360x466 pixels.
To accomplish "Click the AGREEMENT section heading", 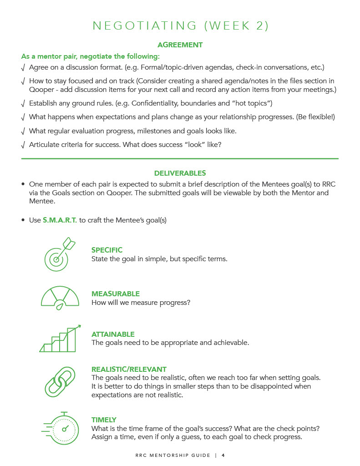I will pos(180,45).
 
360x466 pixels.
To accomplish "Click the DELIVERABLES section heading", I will pos(180,173).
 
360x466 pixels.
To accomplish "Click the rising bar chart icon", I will pos(60,339).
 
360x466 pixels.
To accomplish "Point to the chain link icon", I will pos(60,382).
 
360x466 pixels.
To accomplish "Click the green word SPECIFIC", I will pos(107,250).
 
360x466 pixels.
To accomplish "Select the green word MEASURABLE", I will pos(116,294).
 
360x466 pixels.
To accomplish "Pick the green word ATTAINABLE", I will pos(113,334).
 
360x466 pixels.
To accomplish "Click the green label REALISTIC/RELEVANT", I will pos(129,370).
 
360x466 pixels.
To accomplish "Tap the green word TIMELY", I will pos(104,420).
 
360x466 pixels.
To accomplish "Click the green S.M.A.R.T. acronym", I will pos(60,220).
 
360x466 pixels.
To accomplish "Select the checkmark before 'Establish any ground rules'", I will pos(23,103).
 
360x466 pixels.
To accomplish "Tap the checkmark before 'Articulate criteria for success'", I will pos(23,145).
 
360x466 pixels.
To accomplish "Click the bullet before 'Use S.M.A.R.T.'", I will pos(23,221).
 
